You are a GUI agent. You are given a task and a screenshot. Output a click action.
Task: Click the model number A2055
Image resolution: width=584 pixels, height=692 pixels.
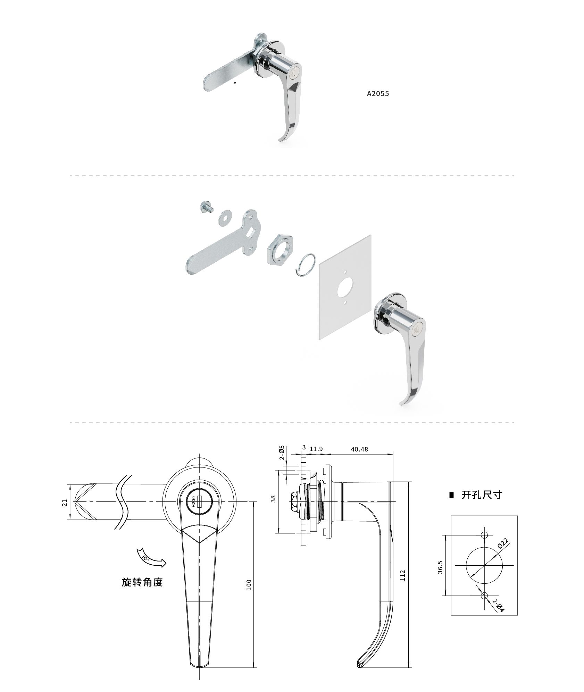tap(378, 94)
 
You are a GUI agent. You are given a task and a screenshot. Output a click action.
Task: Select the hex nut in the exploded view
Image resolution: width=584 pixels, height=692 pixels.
tap(281, 249)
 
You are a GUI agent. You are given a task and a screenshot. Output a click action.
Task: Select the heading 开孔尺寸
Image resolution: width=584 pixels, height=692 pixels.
tap(482, 495)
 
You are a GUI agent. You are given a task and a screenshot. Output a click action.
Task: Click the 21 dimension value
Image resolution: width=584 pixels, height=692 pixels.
tap(65, 503)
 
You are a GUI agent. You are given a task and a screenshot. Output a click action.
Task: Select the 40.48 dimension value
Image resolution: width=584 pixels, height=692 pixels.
tap(359, 449)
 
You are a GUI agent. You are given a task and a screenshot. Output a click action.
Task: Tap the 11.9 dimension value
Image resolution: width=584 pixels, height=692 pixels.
tap(316, 449)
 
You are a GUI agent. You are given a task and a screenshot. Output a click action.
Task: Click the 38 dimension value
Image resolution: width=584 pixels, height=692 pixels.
tap(274, 499)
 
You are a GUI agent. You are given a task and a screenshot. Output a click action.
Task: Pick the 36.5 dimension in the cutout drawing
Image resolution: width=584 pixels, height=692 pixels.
tap(440, 567)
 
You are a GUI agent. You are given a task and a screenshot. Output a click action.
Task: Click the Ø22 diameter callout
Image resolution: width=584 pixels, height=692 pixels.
tap(503, 543)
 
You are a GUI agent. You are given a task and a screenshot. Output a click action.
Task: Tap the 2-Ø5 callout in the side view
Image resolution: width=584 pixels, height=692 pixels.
tap(282, 453)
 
